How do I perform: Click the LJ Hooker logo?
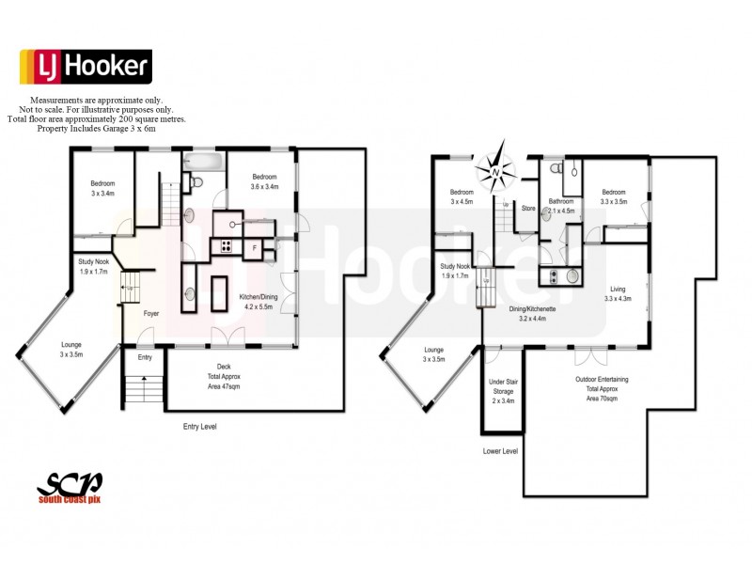click(x=86, y=67)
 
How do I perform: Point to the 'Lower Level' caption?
click(x=500, y=451)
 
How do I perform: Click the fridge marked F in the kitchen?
click(x=254, y=247)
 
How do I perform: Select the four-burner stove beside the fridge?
click(x=227, y=247)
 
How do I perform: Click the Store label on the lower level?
click(x=528, y=209)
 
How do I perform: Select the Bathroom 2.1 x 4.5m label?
click(x=561, y=206)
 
